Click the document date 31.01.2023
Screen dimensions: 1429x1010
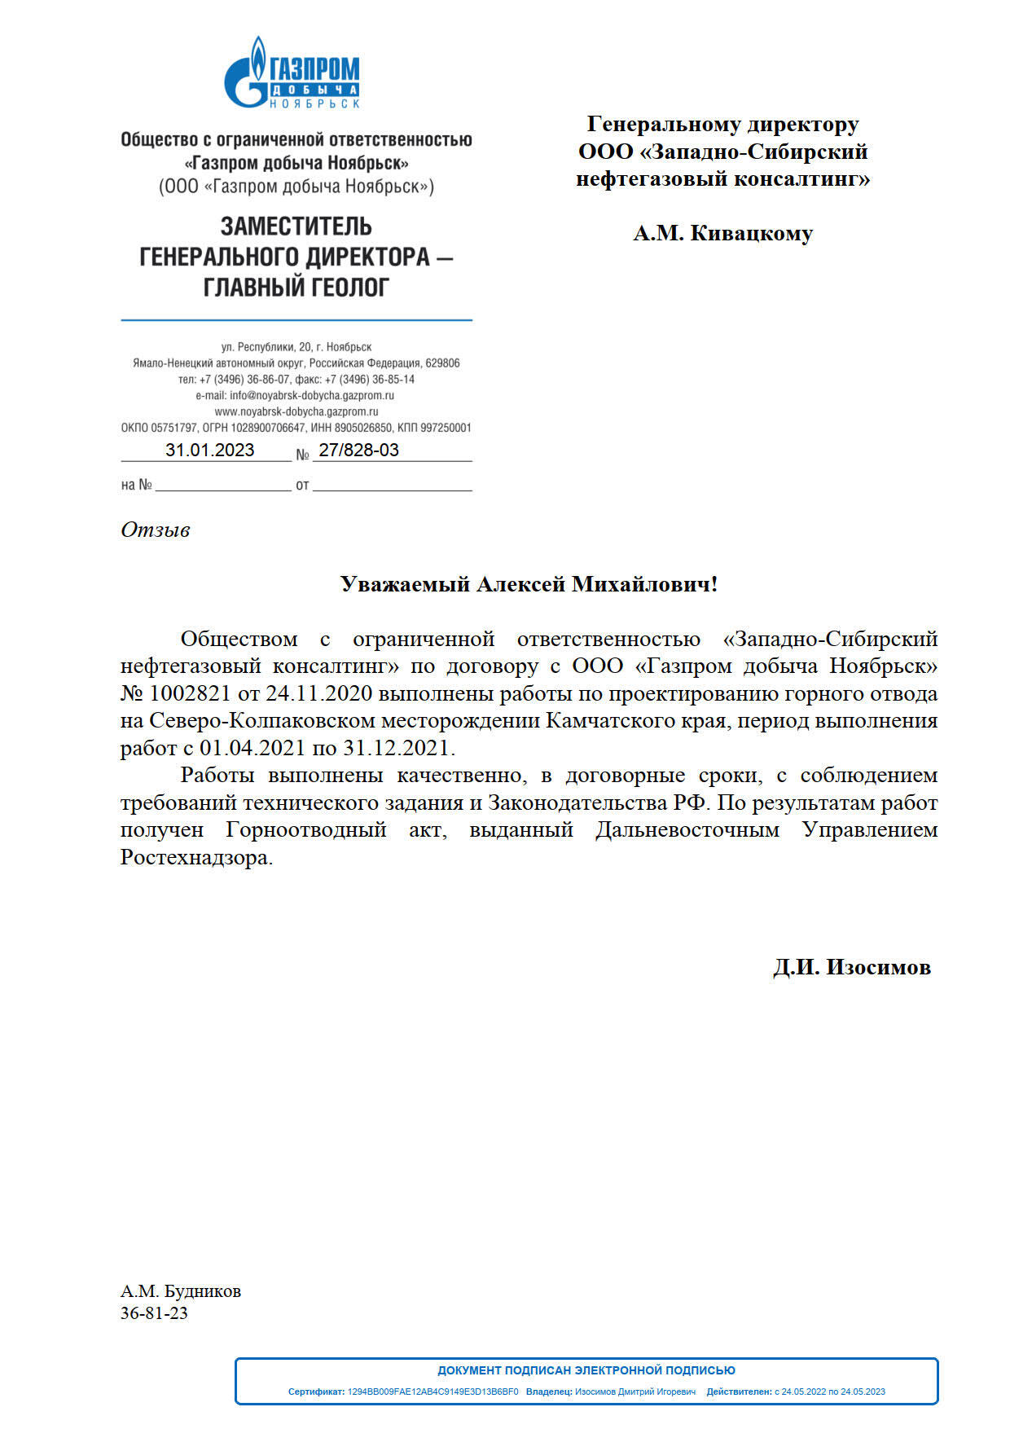click(x=209, y=450)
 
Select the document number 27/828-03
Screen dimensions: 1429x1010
click(x=358, y=450)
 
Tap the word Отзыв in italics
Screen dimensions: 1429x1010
click(x=155, y=530)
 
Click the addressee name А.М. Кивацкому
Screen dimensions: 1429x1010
click(x=722, y=234)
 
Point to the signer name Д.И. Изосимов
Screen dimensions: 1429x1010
click(x=851, y=967)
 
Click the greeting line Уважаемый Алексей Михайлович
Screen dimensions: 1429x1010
click(x=529, y=584)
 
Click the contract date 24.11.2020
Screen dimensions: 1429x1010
click(x=318, y=694)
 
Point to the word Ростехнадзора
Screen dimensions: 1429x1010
click(x=195, y=858)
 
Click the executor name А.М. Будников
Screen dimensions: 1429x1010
click(x=180, y=1291)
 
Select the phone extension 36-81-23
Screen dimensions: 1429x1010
click(x=154, y=1312)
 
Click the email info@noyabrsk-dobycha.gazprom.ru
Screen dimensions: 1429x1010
click(x=311, y=396)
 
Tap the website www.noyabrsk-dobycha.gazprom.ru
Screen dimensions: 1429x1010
click(x=296, y=412)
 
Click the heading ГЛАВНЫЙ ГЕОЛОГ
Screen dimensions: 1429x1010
click(x=296, y=288)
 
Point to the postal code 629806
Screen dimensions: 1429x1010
click(x=442, y=363)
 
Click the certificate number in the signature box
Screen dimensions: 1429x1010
click(x=433, y=1392)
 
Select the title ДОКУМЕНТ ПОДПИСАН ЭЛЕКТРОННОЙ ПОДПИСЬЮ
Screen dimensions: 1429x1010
click(x=586, y=1370)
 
